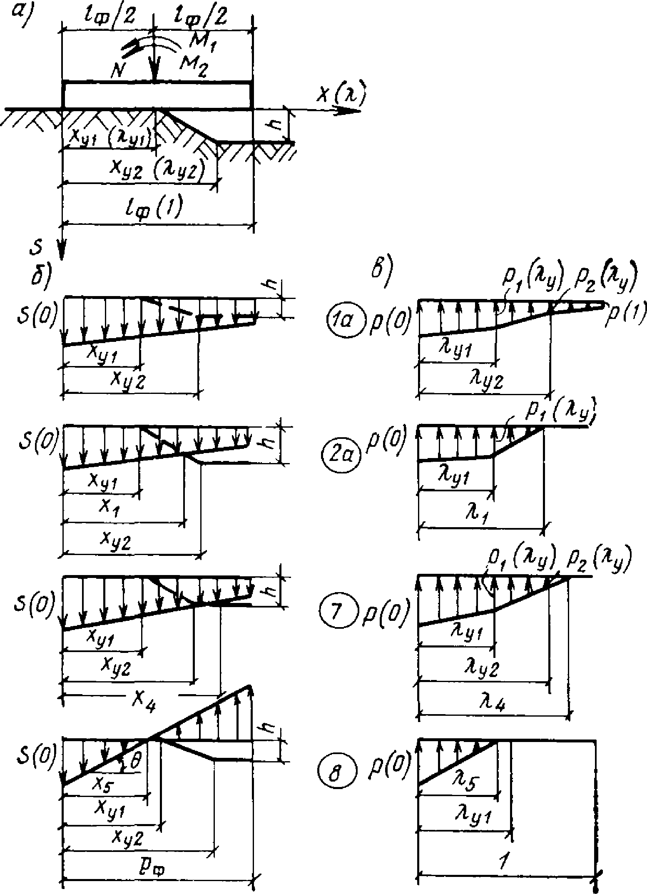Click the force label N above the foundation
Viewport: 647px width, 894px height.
(x=119, y=72)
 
